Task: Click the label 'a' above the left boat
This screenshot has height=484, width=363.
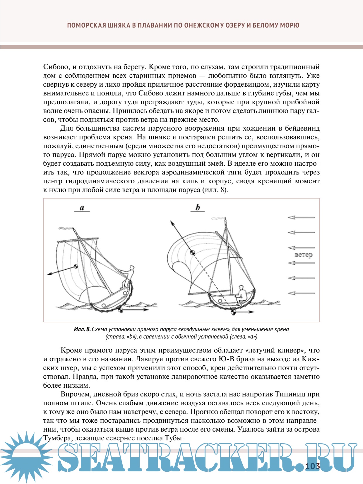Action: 82,208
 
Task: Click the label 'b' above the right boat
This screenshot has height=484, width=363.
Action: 198,208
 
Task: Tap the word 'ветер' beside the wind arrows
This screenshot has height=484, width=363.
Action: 304,255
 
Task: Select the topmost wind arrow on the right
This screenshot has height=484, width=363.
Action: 301,217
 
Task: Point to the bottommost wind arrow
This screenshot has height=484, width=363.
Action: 301,293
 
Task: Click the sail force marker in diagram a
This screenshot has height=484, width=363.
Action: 76,266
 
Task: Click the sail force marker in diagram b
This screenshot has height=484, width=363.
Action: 192,252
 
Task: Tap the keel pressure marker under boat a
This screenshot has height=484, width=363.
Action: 120,309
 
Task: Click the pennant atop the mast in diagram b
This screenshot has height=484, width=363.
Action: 218,218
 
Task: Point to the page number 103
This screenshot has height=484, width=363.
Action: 312,466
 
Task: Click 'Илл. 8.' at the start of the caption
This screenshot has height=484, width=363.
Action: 82,329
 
